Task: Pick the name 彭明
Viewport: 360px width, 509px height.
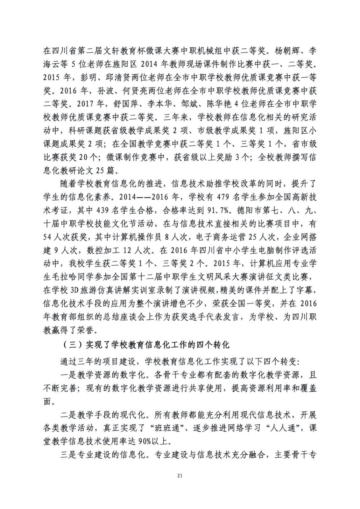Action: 84,78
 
